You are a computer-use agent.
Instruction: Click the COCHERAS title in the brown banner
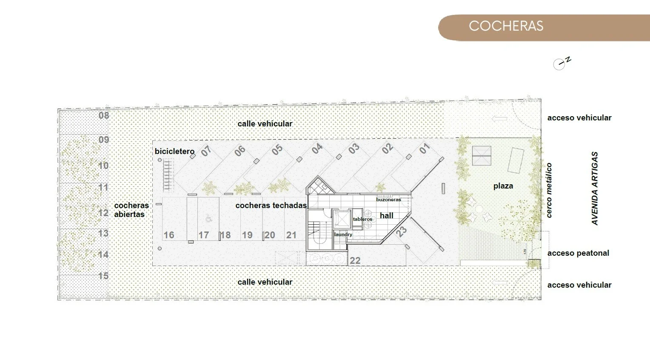[x=506, y=26]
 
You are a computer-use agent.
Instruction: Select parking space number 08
[x=104, y=116]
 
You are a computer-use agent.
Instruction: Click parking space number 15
[x=104, y=276]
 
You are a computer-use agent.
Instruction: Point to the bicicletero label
[x=174, y=151]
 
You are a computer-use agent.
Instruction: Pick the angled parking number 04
[x=317, y=149]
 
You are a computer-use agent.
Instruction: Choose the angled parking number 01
[x=425, y=149]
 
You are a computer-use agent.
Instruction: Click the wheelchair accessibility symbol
[x=208, y=219]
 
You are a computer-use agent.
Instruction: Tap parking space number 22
[x=355, y=261]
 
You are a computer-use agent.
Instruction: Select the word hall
[x=387, y=216]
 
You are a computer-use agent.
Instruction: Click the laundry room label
[x=343, y=234]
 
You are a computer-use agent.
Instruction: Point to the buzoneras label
[x=388, y=200]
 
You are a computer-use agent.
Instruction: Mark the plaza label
[x=503, y=186]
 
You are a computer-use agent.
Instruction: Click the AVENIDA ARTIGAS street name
[x=595, y=189]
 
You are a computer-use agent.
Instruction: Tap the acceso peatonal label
[x=578, y=253]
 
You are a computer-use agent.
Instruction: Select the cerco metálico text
[x=549, y=191]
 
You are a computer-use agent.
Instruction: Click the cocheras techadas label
[x=271, y=206]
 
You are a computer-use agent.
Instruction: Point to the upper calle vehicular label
[x=265, y=124]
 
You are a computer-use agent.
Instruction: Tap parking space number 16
[x=169, y=235]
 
